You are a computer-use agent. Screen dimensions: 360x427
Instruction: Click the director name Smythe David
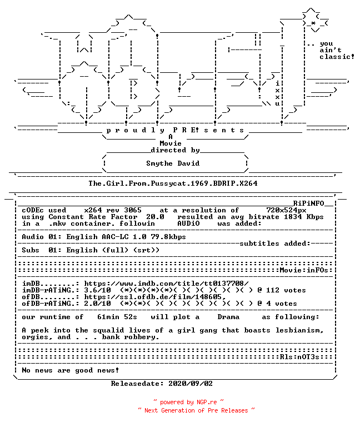point(173,163)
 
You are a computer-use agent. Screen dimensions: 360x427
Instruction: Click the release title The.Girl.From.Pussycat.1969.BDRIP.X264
point(173,183)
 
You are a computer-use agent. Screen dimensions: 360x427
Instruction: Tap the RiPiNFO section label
point(308,203)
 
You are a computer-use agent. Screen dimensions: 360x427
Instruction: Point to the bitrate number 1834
point(293,217)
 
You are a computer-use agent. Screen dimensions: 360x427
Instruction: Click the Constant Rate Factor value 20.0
point(155,217)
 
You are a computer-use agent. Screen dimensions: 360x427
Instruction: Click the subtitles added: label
point(275,244)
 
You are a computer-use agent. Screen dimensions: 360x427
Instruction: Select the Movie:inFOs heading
point(304,270)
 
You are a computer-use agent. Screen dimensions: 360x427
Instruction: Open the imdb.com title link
point(166,284)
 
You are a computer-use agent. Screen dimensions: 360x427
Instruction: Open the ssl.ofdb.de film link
point(155,297)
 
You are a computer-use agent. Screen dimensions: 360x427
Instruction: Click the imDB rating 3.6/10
point(97,290)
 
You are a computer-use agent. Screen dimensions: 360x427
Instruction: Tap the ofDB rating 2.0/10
point(97,304)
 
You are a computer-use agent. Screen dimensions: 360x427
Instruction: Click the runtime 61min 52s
point(117,317)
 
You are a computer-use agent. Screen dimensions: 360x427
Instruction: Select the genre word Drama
point(228,317)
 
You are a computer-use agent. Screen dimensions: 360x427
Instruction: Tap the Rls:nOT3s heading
point(299,357)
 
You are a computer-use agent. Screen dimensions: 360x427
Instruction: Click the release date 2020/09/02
point(191,384)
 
